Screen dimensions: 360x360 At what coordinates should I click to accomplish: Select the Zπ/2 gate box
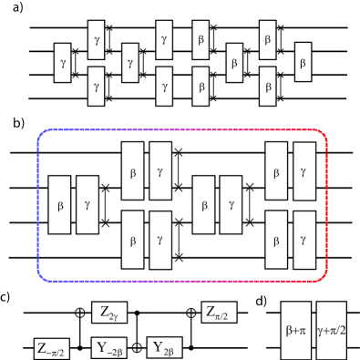220,313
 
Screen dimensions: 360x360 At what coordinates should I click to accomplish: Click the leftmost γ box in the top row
63,63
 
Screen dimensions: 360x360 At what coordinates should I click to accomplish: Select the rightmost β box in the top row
303,63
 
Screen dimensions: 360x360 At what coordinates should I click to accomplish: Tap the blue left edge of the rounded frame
37,205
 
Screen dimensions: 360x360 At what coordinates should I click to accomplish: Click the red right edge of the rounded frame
326,205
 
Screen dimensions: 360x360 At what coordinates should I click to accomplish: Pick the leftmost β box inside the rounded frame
60,205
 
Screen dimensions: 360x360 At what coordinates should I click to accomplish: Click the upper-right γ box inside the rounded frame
304,171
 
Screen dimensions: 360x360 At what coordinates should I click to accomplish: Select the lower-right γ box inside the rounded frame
304,240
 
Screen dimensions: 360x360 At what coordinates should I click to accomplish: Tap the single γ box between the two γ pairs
130,63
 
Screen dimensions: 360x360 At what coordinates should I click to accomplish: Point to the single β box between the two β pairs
234,63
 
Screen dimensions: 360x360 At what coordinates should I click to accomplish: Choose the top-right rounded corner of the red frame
321,136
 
